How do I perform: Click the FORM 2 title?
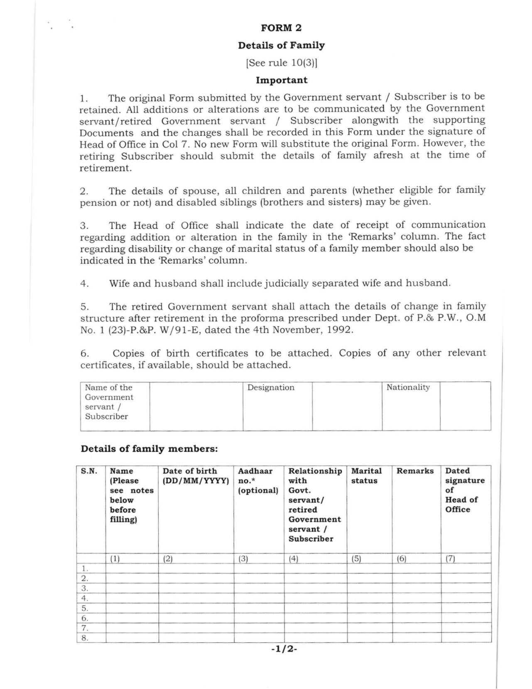click(x=281, y=28)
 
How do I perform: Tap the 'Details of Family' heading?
click(x=281, y=45)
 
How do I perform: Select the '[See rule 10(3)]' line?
click(x=281, y=63)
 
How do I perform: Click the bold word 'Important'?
click(x=281, y=80)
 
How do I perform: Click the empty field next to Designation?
click(x=347, y=406)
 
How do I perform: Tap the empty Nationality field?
click(x=465, y=406)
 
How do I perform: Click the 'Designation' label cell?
click(x=277, y=406)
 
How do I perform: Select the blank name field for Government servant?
click(x=196, y=406)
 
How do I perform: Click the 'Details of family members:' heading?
click(x=149, y=449)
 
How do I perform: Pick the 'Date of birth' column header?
click(x=196, y=476)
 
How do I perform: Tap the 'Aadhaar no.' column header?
click(x=258, y=480)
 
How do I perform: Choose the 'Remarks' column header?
click(x=415, y=471)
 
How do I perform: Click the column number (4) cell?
click(x=315, y=559)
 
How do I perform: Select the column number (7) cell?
click(x=466, y=559)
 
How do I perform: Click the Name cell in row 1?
click(x=132, y=568)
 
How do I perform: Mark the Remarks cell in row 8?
click(x=417, y=638)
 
